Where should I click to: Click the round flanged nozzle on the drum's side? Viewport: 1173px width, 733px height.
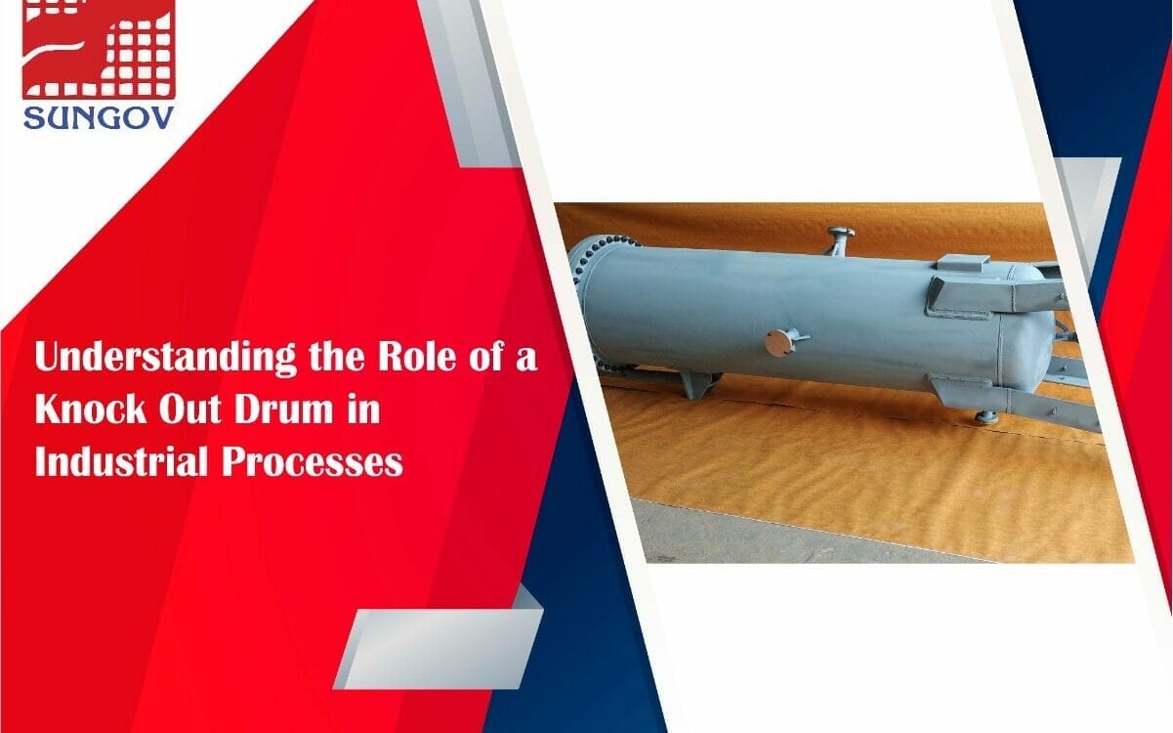click(776, 342)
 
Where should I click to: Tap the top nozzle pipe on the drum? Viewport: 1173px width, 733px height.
click(839, 239)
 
